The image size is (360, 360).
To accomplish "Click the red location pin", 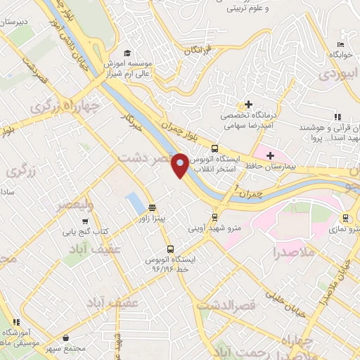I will (180, 165).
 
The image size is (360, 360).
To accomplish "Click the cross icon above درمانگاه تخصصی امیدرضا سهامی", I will (247, 104).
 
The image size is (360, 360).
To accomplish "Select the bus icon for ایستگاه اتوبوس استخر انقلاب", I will (215, 148).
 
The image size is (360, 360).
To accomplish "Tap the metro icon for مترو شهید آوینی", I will (214, 217).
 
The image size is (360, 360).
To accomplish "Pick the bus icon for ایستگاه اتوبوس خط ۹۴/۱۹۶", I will (170, 250).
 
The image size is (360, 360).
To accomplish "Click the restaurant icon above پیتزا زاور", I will (152, 207).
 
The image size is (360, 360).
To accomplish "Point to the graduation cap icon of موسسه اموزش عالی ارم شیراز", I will (127, 53).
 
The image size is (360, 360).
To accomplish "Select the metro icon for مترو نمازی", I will (345, 218).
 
